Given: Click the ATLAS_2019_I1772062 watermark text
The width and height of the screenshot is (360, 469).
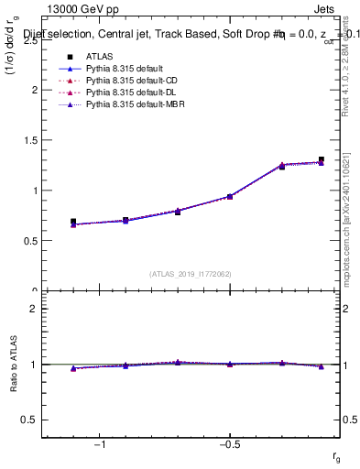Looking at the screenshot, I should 191,274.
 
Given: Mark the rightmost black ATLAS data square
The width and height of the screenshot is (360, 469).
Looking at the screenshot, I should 321,159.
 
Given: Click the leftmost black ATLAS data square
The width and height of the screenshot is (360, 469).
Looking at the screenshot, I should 73,222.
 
